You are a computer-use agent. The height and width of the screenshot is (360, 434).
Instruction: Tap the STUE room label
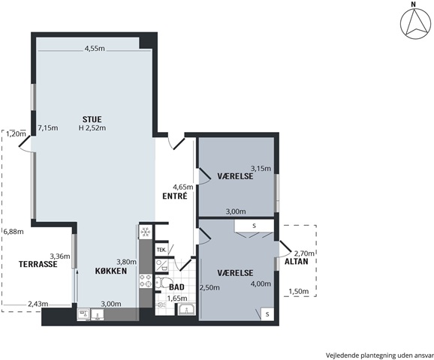tap(92, 119)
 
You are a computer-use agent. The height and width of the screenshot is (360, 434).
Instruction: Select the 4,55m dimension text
tap(95, 49)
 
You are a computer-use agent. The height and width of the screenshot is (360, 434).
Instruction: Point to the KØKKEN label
tap(111, 271)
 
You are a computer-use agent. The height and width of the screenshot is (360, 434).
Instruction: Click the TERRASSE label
tap(38, 264)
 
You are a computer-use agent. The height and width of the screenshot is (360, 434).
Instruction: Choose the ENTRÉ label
tap(175, 196)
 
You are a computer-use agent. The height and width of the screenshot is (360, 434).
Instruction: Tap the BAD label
tap(176, 287)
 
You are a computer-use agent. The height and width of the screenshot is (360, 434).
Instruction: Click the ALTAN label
tap(296, 261)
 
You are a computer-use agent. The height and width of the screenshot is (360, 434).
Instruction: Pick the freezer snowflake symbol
tap(146, 232)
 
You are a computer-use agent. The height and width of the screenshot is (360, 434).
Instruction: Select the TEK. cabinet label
tap(161, 250)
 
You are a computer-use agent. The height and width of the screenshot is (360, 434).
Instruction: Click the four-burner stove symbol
tap(146, 280)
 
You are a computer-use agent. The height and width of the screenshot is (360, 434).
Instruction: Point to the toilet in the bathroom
tap(161, 283)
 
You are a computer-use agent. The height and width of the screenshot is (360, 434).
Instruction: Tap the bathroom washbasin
tap(186, 309)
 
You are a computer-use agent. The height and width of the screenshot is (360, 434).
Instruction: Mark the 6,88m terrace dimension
tap(14, 231)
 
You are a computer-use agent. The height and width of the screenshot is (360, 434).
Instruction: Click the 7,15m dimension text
tap(48, 128)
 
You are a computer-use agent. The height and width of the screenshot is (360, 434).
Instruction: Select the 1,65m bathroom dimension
tap(177, 298)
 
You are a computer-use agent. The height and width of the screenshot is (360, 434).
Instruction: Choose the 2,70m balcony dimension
tap(304, 253)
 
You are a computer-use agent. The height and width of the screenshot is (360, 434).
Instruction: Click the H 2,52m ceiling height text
tap(92, 128)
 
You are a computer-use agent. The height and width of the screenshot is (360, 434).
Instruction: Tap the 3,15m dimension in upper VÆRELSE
tap(261, 169)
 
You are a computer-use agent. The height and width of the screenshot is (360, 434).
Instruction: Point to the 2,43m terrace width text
tap(38, 304)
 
